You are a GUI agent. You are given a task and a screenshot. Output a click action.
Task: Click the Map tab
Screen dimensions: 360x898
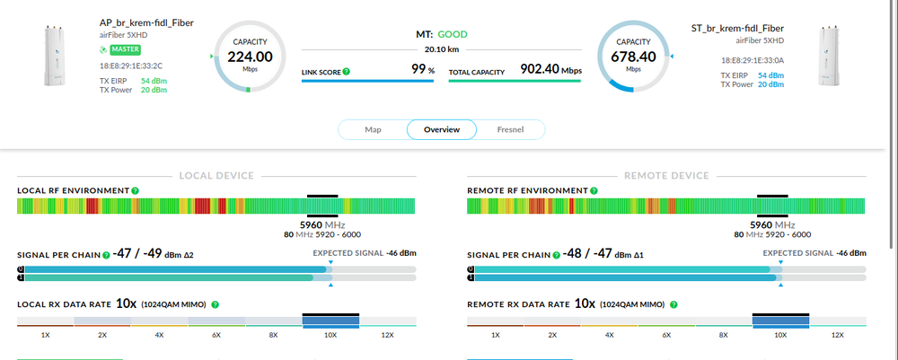[373, 130]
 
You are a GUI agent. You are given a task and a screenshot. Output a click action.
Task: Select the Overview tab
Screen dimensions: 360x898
[442, 130]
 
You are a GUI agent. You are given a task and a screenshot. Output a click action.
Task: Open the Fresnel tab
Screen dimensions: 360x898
[510, 130]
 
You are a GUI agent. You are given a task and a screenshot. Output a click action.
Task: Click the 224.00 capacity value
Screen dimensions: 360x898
[250, 56]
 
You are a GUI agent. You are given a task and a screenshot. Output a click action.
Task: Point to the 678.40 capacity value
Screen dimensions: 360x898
[634, 56]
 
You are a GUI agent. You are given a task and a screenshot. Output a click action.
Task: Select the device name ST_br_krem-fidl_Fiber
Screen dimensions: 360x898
[736, 29]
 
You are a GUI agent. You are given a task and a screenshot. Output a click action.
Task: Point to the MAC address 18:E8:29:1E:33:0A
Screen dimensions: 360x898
[753, 61]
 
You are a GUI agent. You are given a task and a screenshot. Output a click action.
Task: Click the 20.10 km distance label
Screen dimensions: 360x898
[441, 49]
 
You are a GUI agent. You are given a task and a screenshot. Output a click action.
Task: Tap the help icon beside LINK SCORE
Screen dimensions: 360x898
[347, 71]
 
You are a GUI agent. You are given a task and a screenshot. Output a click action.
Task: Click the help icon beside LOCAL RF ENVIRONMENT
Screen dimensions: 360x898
[135, 191]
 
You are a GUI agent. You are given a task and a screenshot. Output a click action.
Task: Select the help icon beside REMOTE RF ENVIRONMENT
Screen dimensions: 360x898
[592, 191]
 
